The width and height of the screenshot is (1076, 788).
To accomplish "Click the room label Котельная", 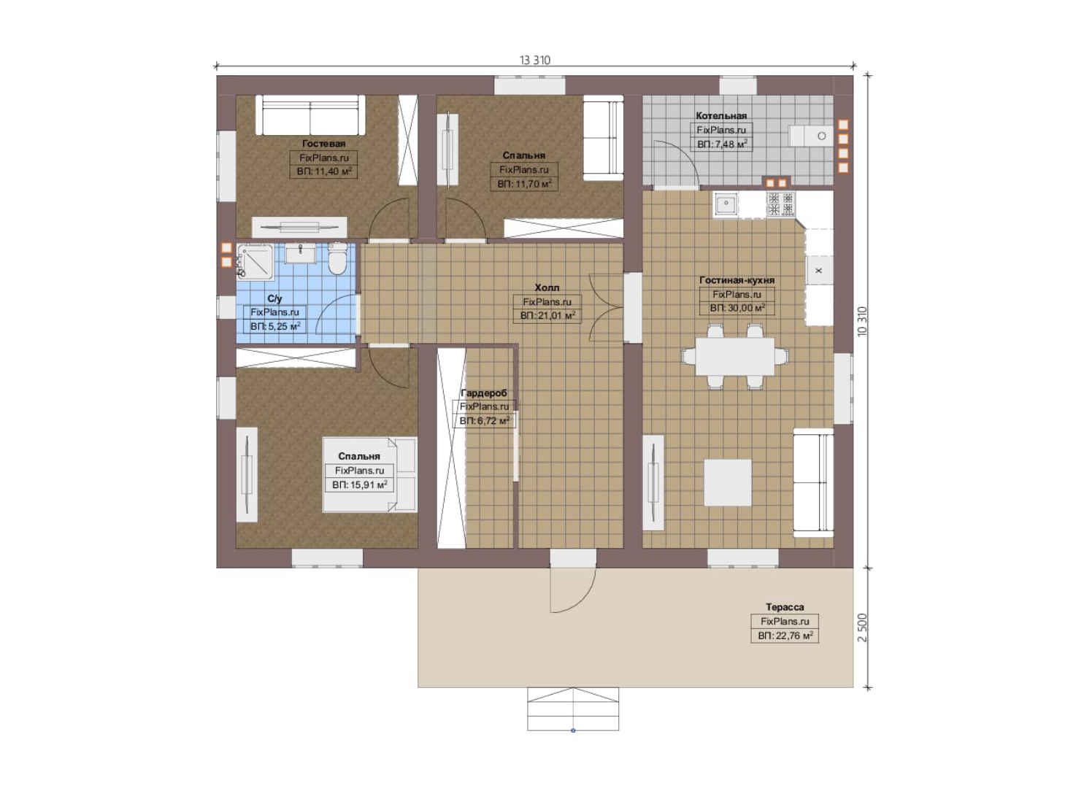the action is [721, 116].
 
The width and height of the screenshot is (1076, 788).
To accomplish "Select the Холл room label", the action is [547, 287].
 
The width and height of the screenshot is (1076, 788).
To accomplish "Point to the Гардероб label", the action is [483, 393].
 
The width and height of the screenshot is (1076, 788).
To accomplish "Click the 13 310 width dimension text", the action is [534, 60].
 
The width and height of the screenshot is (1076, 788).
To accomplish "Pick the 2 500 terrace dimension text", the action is [862, 627].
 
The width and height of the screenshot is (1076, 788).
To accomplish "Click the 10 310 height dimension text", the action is [862, 321].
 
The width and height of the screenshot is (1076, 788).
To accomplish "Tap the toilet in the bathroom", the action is [337, 259].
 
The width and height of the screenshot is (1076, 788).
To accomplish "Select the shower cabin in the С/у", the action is [255, 262].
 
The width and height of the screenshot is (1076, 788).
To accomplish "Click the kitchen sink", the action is [726, 204].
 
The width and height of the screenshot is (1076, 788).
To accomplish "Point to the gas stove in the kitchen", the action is [781, 204].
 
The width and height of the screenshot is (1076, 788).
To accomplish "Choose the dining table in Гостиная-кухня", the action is [734, 356].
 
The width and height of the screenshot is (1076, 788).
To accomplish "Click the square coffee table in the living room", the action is [728, 482].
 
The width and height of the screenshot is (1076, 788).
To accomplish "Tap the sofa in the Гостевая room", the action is [310, 115].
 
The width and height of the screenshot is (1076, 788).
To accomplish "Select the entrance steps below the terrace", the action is [573, 708].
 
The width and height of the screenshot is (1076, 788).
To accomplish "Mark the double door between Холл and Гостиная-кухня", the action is [607, 307].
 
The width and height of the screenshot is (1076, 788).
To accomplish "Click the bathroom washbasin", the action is [301, 253].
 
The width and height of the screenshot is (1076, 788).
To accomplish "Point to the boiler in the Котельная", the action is [812, 136].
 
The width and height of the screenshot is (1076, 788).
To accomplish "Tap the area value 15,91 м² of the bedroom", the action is [360, 485].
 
